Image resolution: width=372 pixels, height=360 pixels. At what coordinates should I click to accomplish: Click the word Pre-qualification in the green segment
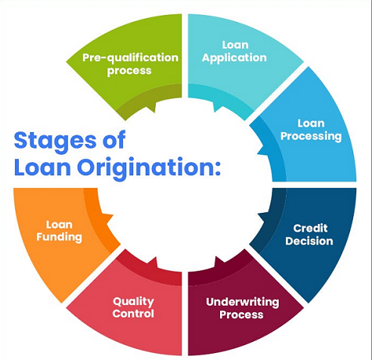[x=130, y=58]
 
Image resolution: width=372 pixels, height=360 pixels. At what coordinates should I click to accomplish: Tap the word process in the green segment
[x=129, y=71]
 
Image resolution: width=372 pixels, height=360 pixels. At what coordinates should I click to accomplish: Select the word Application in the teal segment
[x=234, y=58]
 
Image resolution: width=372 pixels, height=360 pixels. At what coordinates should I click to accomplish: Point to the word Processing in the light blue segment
[x=311, y=136]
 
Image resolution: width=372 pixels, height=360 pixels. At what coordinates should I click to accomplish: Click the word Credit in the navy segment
[x=310, y=229]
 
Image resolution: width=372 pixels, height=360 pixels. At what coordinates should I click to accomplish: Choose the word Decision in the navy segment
[x=309, y=241]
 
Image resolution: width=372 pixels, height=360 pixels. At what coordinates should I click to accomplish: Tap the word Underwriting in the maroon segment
[x=243, y=302]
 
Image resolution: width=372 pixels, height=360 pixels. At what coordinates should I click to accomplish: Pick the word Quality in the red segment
[x=133, y=302]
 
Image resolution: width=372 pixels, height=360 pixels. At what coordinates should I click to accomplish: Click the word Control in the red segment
[x=133, y=314]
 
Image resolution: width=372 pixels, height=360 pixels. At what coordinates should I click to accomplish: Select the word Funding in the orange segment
[x=59, y=237]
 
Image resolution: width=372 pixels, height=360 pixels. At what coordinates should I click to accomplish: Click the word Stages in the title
[x=56, y=141]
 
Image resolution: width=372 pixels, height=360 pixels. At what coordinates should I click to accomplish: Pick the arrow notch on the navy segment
[x=263, y=217]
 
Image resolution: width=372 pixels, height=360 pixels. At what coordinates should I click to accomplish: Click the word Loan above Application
[x=235, y=45]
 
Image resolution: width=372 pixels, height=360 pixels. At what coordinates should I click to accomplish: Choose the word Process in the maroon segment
[x=241, y=315]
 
